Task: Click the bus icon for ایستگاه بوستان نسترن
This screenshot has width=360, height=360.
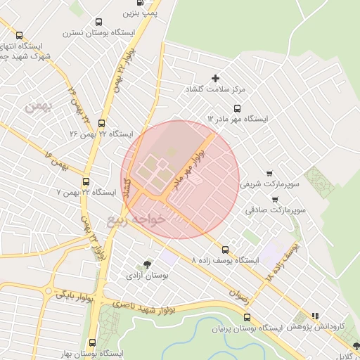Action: coord(98,22)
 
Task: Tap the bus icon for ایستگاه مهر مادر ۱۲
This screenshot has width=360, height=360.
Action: coord(236,108)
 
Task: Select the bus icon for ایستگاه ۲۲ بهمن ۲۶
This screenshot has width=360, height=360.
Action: coord(102,123)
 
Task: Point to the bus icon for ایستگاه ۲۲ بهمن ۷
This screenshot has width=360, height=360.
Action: coord(86,181)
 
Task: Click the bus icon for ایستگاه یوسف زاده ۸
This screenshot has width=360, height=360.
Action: coord(225,249)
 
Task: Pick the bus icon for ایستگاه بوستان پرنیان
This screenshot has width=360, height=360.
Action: coord(245,317)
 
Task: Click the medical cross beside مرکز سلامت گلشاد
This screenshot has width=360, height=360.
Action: coord(215,77)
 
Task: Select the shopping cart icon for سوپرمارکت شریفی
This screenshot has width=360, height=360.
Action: coord(269,173)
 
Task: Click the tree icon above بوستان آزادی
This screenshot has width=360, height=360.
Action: coord(147,264)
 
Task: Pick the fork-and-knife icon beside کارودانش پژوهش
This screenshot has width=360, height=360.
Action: coord(315,316)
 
